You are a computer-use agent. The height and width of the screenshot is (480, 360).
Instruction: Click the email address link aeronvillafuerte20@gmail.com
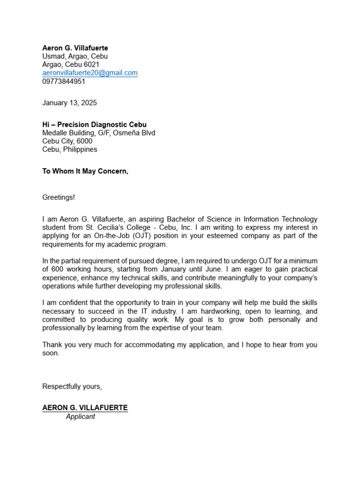coord(90,73)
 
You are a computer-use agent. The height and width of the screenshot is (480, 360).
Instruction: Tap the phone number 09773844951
coord(64,82)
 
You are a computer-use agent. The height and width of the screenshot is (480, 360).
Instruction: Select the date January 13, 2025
coord(69,103)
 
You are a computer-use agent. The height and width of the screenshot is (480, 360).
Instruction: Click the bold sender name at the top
coord(75,48)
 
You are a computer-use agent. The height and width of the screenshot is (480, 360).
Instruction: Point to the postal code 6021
coord(91,65)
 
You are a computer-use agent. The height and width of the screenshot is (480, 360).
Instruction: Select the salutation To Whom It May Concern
coord(85,171)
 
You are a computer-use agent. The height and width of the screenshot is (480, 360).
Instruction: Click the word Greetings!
coord(59,197)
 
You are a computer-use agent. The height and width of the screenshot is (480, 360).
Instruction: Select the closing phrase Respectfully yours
coord(72,387)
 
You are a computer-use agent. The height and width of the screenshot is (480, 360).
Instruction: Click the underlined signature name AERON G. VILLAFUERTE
coord(85,408)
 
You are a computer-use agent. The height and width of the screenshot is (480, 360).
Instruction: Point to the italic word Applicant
coord(80,417)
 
